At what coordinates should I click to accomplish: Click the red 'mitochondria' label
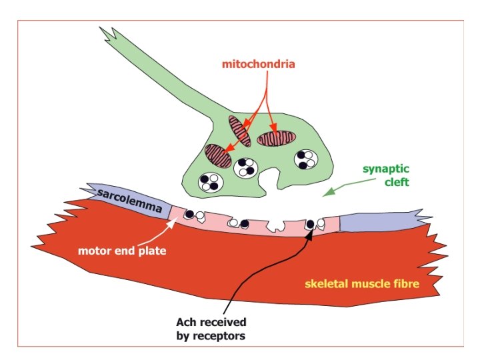(259, 65)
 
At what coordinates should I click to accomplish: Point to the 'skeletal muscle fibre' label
(362, 284)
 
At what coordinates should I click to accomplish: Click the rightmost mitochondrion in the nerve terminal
(276, 138)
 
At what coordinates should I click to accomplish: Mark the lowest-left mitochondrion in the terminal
(219, 156)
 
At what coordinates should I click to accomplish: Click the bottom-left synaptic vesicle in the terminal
(212, 182)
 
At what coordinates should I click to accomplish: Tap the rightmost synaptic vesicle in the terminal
(307, 159)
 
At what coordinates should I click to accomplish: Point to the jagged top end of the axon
(111, 36)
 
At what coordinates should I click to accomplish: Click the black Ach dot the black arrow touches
(310, 224)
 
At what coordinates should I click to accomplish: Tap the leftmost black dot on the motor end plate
(189, 214)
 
